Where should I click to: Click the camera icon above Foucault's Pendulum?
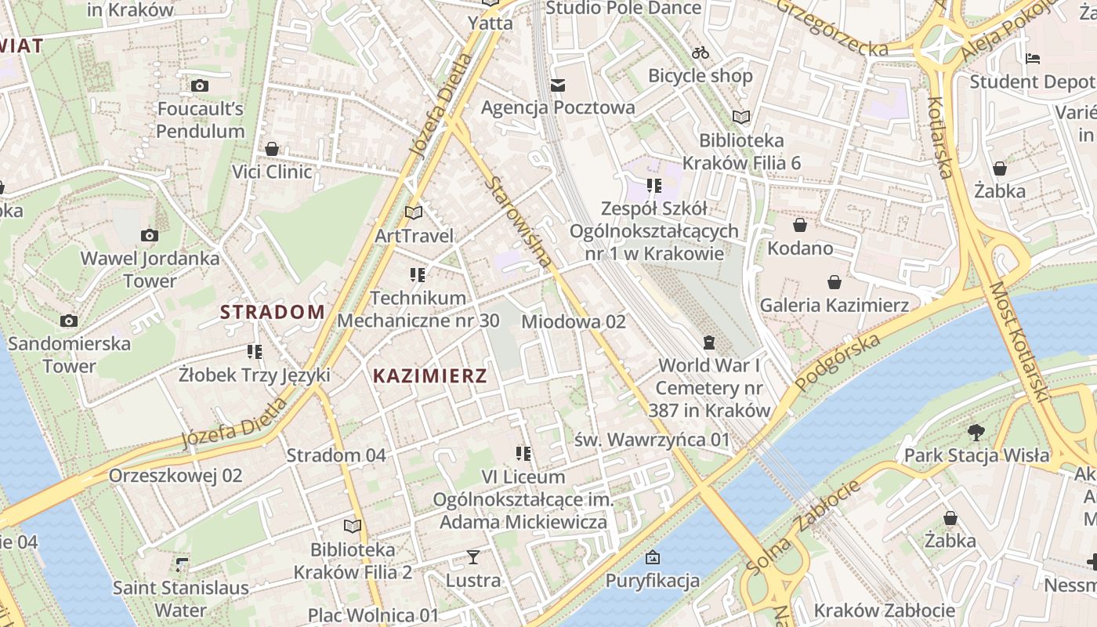(x=200, y=85)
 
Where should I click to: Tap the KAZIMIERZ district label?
(x=430, y=375)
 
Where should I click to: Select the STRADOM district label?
(x=272, y=312)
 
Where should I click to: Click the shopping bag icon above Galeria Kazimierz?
(x=835, y=282)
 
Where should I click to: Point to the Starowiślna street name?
(x=519, y=222)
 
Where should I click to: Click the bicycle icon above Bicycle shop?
(x=701, y=53)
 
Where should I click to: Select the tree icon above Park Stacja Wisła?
(x=976, y=432)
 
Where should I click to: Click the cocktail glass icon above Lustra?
(x=473, y=557)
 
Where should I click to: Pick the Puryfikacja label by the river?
(x=652, y=581)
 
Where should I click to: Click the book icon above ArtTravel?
(x=414, y=212)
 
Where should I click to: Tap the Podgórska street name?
(x=838, y=361)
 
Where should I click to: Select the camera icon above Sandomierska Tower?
(x=69, y=321)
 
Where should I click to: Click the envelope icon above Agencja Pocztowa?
(x=558, y=85)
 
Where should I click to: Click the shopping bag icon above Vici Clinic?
(x=272, y=149)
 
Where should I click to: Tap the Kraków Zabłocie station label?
(x=884, y=611)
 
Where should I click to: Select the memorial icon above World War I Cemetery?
(x=709, y=342)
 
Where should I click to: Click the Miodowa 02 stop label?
(x=574, y=321)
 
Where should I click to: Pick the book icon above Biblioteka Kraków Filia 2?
(x=353, y=526)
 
